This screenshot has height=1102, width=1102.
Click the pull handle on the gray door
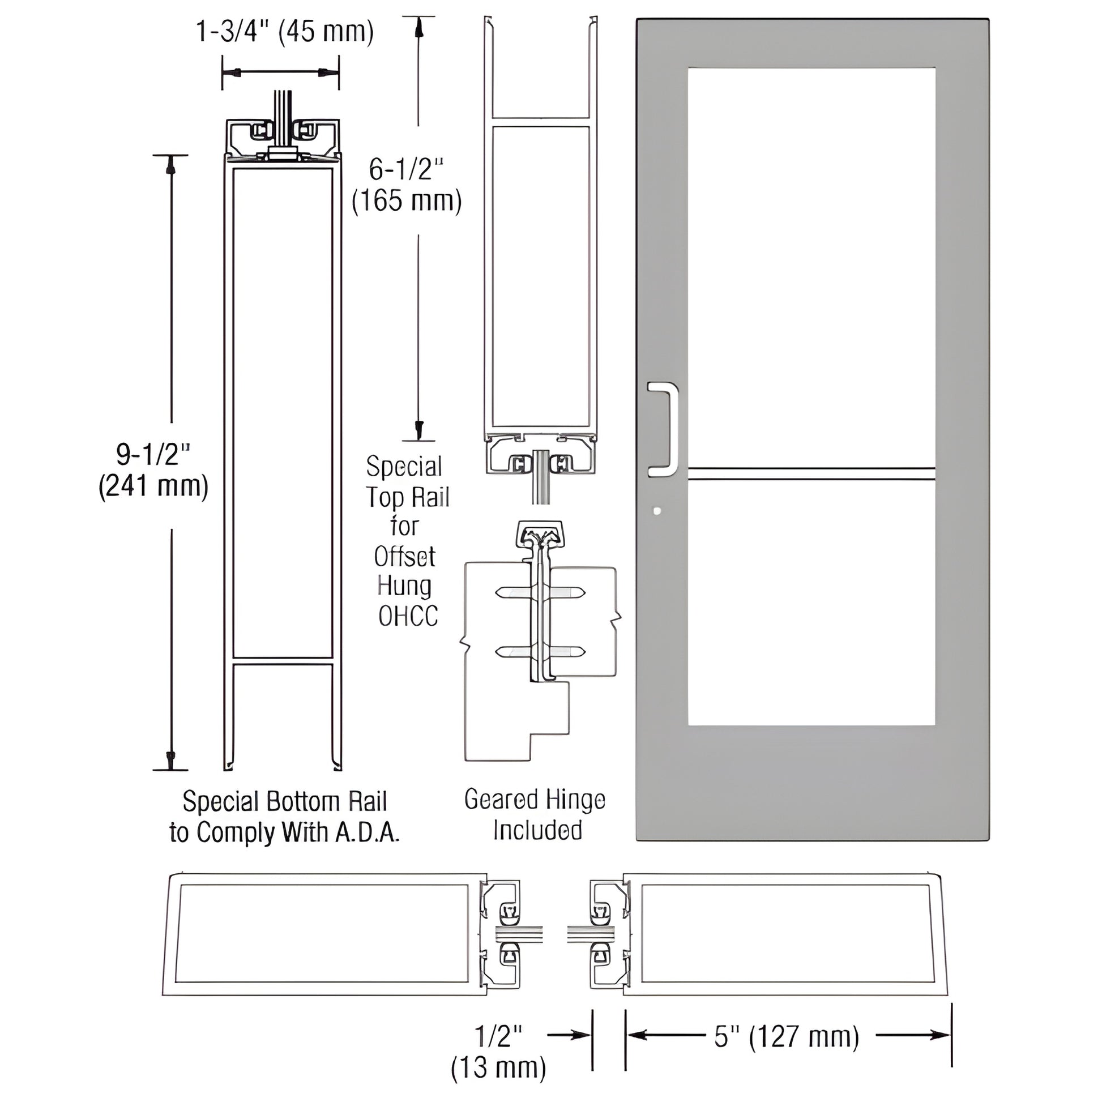(668, 429)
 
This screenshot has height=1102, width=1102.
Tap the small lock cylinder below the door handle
(656, 511)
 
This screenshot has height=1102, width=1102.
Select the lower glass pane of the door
(811, 602)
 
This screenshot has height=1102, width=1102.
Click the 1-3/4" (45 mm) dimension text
(285, 31)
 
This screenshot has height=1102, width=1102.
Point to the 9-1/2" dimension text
(153, 455)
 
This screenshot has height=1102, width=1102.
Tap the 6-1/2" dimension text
(405, 169)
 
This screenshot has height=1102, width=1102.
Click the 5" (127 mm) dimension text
(787, 1037)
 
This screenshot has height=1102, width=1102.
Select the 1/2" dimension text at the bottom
(498, 1035)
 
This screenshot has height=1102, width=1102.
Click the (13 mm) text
(498, 1067)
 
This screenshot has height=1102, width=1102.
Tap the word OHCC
(408, 616)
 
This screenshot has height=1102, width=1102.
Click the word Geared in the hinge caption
(499, 800)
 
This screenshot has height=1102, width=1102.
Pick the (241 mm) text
(153, 486)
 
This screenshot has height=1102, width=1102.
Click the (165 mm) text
(407, 201)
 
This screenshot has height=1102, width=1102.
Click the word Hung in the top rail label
(404, 586)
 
